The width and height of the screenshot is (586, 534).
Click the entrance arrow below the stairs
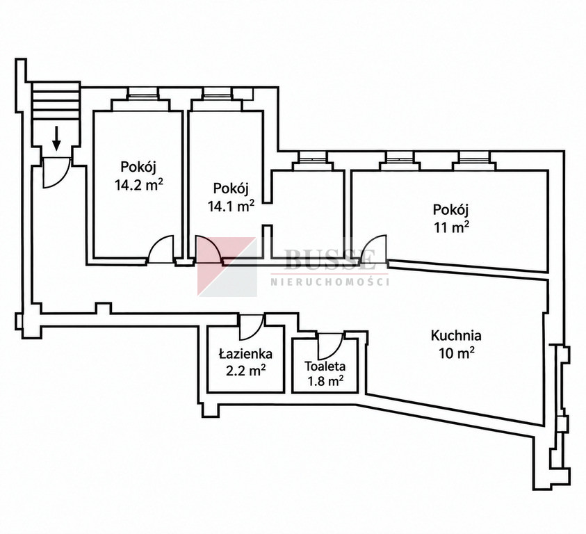56,138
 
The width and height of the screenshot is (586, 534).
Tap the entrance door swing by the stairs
56,172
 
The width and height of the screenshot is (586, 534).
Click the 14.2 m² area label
139,185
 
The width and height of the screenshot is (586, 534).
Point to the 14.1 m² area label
231,206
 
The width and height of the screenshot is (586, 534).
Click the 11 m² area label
451,227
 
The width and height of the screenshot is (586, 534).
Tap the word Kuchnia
456,335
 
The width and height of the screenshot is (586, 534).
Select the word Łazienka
245,353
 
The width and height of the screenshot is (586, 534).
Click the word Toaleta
325,366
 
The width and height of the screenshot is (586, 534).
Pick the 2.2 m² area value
246,371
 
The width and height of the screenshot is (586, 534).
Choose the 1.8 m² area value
325,382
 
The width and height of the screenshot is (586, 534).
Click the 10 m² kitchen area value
457,353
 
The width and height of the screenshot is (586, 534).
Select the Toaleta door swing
330,346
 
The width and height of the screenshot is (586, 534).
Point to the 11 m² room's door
373,248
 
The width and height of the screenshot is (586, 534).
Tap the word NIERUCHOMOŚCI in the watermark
329,281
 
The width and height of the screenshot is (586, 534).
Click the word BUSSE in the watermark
329,259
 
